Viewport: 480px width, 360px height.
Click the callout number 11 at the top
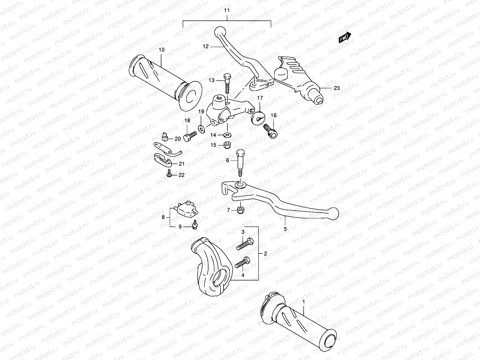tap(227, 10)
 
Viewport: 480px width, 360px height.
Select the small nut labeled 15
tap(227, 145)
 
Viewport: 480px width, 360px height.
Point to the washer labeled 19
tap(201, 129)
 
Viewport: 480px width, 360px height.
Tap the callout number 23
tap(337, 88)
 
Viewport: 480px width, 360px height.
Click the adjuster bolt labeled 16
tap(271, 132)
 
